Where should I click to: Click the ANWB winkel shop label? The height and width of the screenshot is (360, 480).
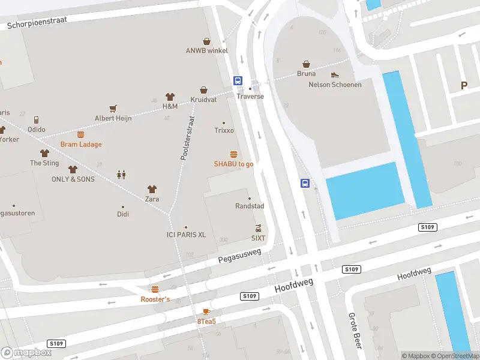[x=206, y=51]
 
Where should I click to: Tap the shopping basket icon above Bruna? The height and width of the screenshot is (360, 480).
[x=306, y=64]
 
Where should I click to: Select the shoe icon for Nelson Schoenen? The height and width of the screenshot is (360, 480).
[x=335, y=75]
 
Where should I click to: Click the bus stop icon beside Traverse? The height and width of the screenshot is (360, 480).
[x=238, y=80]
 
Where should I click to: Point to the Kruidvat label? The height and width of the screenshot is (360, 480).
[x=203, y=99]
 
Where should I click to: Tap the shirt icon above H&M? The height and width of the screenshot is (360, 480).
[x=170, y=97]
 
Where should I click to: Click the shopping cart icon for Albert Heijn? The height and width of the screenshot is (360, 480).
[x=113, y=109]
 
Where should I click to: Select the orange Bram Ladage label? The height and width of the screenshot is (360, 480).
[x=81, y=145]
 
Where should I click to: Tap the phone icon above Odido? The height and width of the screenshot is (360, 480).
[x=37, y=119]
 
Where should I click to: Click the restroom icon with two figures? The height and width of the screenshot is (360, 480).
[x=122, y=175]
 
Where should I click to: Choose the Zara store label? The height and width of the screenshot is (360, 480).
[x=152, y=199]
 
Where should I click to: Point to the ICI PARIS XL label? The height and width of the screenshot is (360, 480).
[x=186, y=235]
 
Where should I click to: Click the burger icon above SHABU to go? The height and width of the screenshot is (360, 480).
[x=233, y=154]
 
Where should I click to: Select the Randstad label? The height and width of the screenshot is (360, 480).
[x=250, y=206]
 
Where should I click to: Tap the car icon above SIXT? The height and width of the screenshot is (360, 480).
[x=258, y=228]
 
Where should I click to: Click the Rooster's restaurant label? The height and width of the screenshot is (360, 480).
[x=155, y=299]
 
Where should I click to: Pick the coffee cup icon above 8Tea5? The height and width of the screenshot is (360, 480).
[x=206, y=311]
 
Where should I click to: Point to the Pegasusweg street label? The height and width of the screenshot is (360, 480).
[x=240, y=256]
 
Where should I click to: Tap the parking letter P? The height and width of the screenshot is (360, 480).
[x=464, y=86]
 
